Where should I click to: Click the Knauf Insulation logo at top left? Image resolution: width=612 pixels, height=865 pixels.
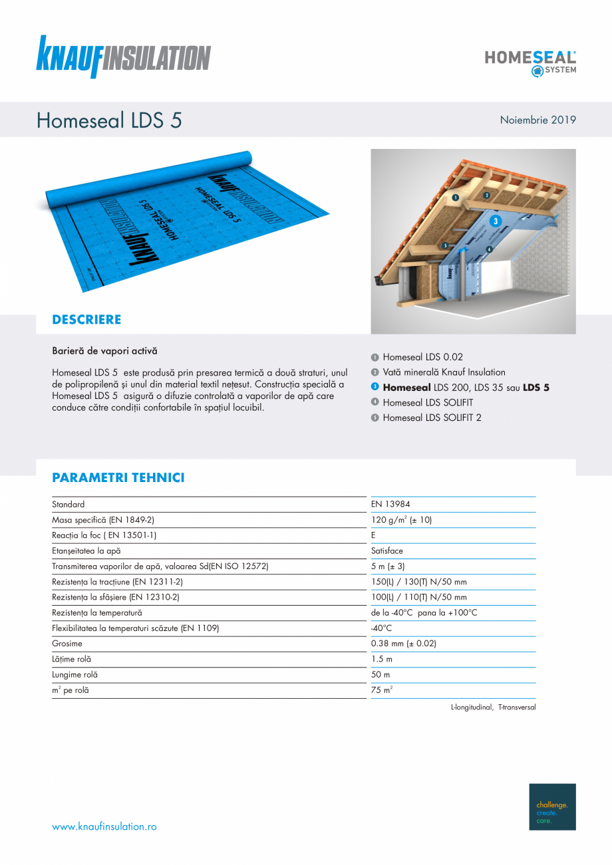[x=123, y=57]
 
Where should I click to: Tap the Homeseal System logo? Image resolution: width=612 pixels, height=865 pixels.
[x=530, y=62]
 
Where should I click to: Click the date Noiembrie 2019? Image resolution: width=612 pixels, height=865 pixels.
[x=537, y=120]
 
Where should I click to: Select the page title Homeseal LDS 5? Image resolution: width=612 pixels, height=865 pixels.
[x=109, y=120]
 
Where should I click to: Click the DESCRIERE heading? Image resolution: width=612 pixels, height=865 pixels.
[x=86, y=320]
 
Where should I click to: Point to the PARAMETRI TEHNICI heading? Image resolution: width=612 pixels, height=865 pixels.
[x=118, y=478]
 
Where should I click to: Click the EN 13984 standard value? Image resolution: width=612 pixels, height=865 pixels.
[x=390, y=505]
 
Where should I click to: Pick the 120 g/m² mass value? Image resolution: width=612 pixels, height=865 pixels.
[x=401, y=520]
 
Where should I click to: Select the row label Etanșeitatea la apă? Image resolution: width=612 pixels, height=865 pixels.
[x=86, y=551]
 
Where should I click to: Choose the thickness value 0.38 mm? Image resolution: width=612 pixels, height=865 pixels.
[x=403, y=644]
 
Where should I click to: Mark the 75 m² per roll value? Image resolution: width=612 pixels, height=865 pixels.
[x=381, y=690]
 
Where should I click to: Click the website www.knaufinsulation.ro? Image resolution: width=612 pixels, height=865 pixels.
[x=104, y=826]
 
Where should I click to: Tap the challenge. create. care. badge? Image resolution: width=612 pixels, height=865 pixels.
[x=552, y=806]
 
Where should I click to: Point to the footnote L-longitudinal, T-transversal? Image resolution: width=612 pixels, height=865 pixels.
[x=493, y=707]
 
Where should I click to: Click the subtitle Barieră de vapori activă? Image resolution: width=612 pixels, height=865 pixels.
[x=104, y=350]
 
